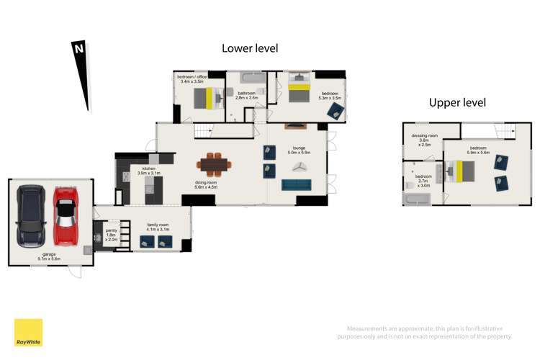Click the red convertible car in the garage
(66, 215)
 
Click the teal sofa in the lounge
(297, 185)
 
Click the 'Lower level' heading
(249, 48)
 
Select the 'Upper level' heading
(457, 102)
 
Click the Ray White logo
(28, 333)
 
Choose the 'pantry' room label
(111, 231)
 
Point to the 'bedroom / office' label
(194, 79)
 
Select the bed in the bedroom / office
(207, 96)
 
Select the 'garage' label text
(50, 255)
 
